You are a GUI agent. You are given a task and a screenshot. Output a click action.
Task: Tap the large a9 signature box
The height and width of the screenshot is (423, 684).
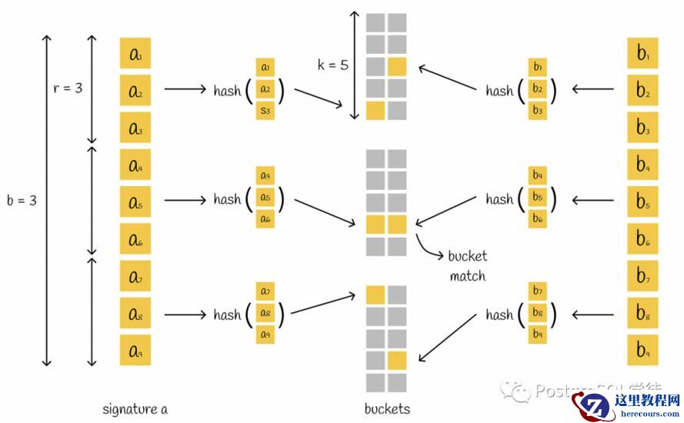pyautogui.click(x=135, y=350)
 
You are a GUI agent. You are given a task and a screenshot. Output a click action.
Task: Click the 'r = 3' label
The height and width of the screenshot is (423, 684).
pyautogui.click(x=67, y=88)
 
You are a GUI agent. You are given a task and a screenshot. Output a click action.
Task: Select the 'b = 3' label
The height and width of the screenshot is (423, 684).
pyautogui.click(x=22, y=200)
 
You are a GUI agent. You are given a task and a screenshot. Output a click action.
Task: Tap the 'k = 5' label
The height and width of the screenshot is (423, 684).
pyautogui.click(x=332, y=65)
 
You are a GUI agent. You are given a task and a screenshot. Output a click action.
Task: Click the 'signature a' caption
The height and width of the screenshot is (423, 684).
pyautogui.click(x=135, y=409)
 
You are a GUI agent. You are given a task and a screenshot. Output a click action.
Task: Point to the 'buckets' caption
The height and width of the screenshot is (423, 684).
pyautogui.click(x=387, y=409)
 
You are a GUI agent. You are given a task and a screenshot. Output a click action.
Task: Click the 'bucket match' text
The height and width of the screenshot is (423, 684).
pyautogui.click(x=468, y=265)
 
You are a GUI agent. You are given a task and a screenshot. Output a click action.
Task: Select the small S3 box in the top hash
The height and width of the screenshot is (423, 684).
pyautogui.click(x=265, y=111)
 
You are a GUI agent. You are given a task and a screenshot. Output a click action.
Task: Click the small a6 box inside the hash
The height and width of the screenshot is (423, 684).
pyautogui.click(x=265, y=219)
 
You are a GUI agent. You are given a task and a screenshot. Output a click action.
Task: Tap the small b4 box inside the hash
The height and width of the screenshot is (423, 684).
pyautogui.click(x=537, y=175)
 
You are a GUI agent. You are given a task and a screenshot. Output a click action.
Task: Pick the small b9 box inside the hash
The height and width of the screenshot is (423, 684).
pyautogui.click(x=537, y=335)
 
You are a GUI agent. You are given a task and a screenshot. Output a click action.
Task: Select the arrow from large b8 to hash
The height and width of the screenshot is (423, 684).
pyautogui.click(x=592, y=314)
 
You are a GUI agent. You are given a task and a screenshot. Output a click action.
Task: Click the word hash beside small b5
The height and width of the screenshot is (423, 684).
pyautogui.click(x=499, y=199)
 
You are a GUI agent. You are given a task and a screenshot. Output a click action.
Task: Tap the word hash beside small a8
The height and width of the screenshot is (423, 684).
pyautogui.click(x=227, y=314)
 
